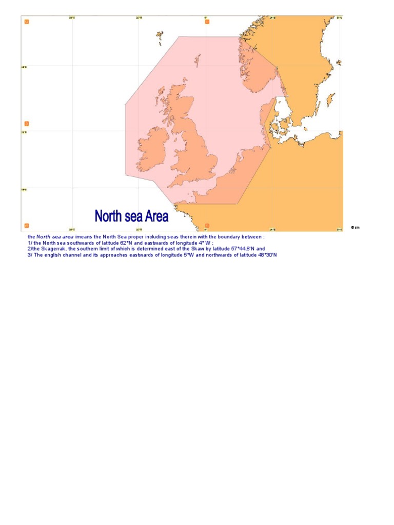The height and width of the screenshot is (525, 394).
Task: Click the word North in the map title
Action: pos(107,216)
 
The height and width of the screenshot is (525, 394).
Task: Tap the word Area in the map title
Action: pos(156,216)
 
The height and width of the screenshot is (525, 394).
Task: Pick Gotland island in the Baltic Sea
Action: pos(331,99)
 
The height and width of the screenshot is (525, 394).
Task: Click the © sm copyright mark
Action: pos(355,227)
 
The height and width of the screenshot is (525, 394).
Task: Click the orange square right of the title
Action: pos(207,225)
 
